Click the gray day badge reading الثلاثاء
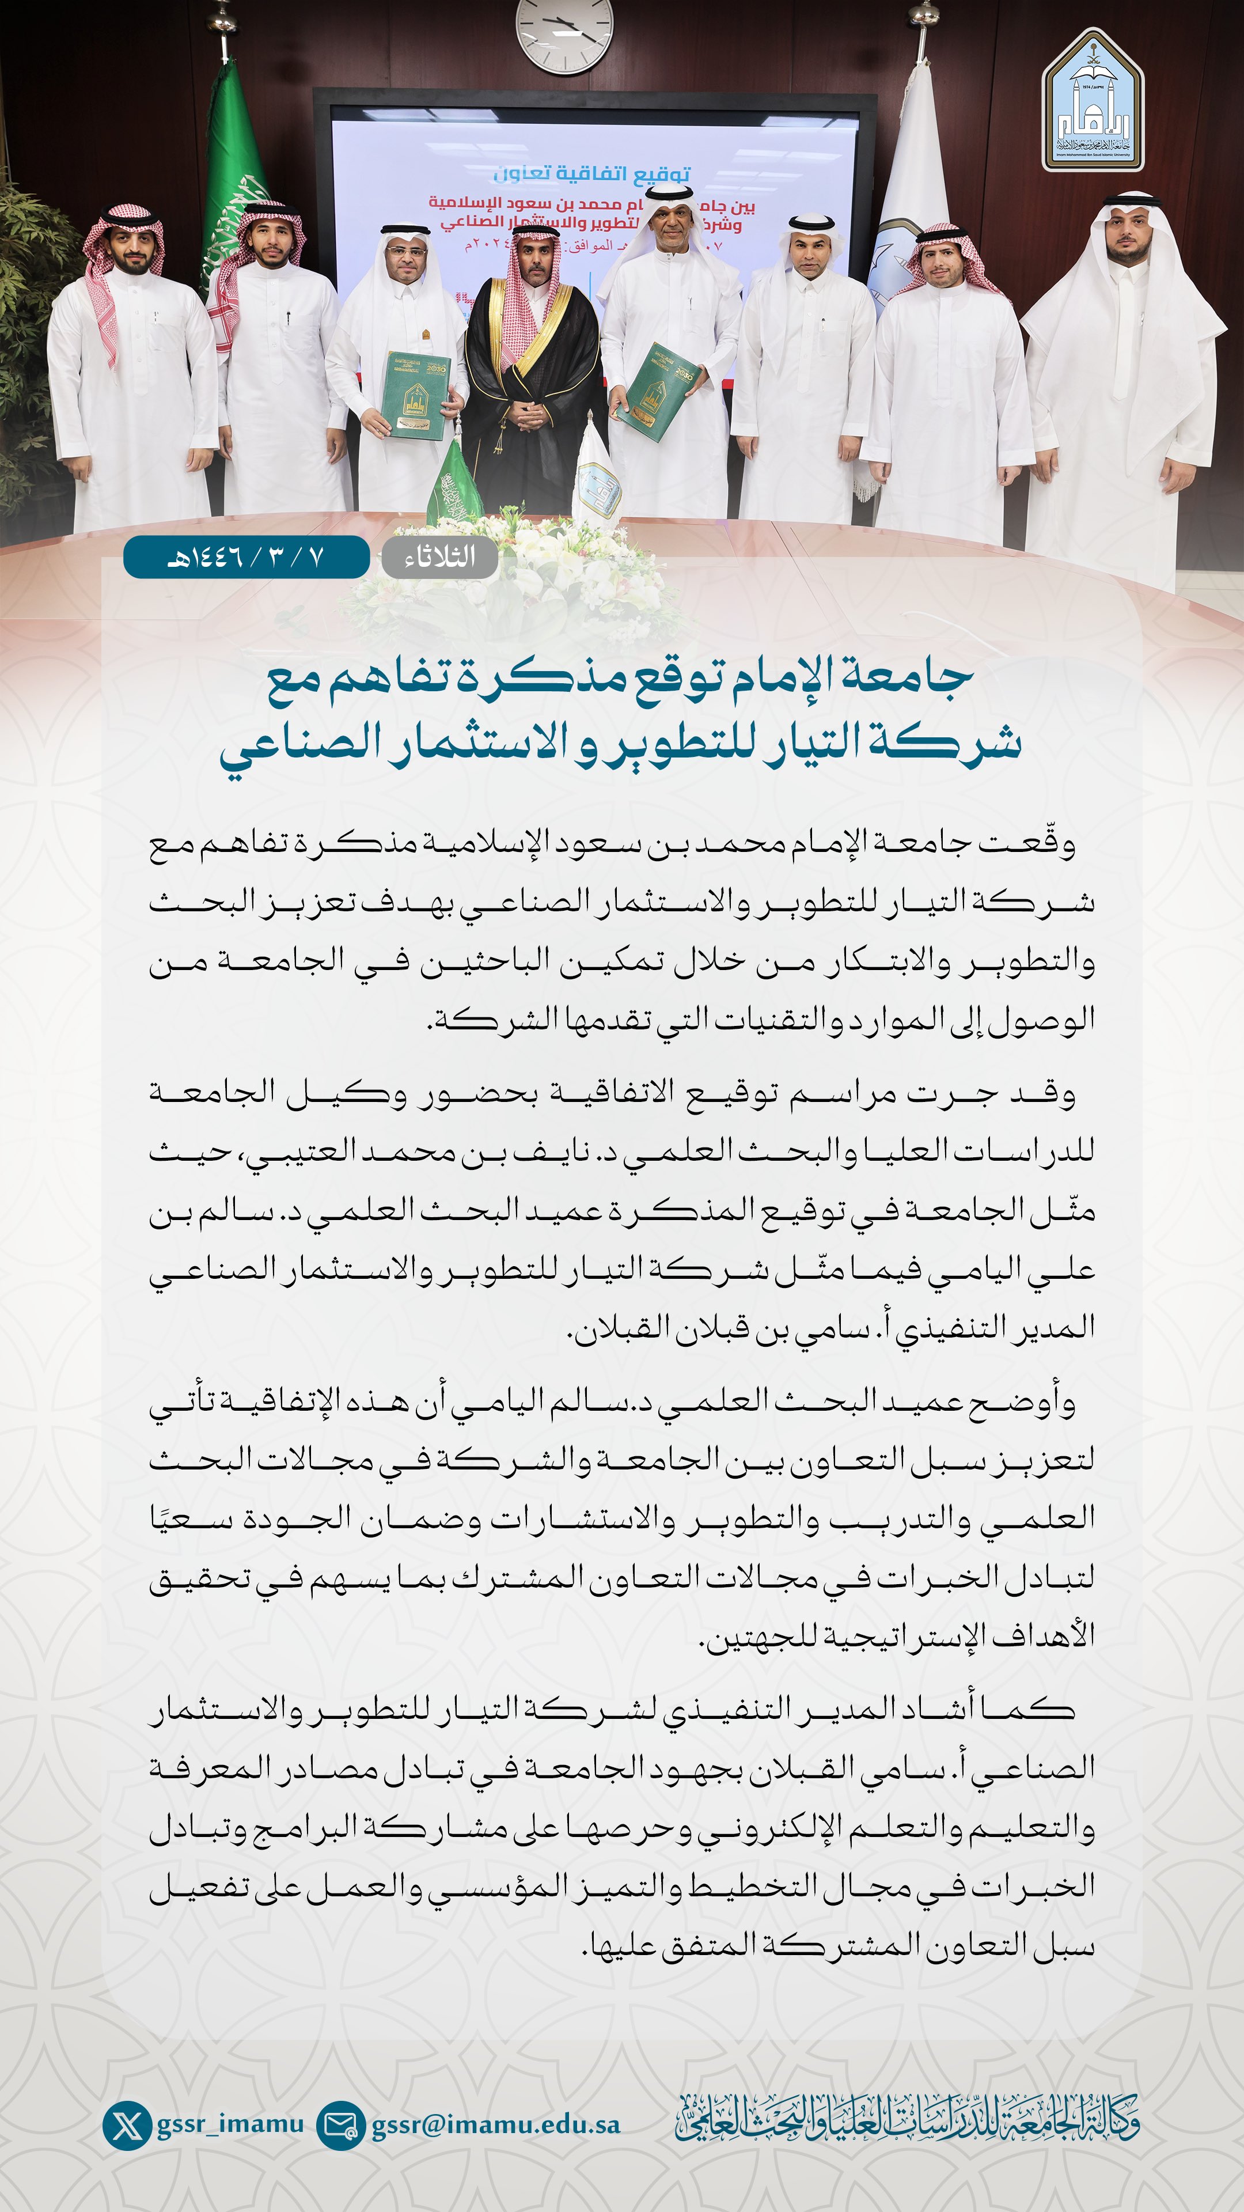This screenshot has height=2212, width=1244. tap(439, 557)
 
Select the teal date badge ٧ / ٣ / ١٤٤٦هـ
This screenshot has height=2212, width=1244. tap(246, 557)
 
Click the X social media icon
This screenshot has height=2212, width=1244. tap(127, 2125)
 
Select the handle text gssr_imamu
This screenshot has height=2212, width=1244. tap(230, 2123)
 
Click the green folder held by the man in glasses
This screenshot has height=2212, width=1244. tap(416, 395)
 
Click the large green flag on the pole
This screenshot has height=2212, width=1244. tap(232, 189)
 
